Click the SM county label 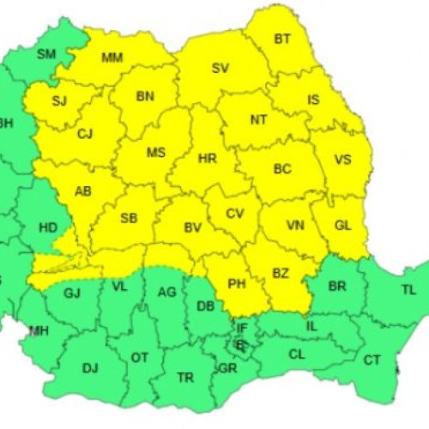46,54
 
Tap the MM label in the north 112,57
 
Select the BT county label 282,38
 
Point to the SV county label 221,68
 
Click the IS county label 313,100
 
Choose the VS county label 342,159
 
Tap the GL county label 342,226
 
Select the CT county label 372,360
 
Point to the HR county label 207,159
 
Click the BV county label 193,227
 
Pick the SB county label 129,218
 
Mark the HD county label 48,228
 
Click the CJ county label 84,134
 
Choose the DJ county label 90,368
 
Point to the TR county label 184,377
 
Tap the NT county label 258,119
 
